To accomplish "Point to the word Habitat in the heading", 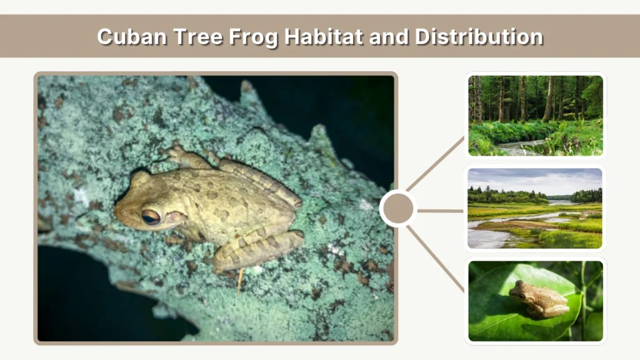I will tap(324, 36).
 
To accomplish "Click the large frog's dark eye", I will tap(150, 217).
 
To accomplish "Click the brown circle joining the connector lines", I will tap(398, 209).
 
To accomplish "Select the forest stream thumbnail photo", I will tap(536, 115).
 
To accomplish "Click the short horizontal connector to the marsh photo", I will tap(440, 211).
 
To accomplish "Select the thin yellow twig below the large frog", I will tap(239, 282).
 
